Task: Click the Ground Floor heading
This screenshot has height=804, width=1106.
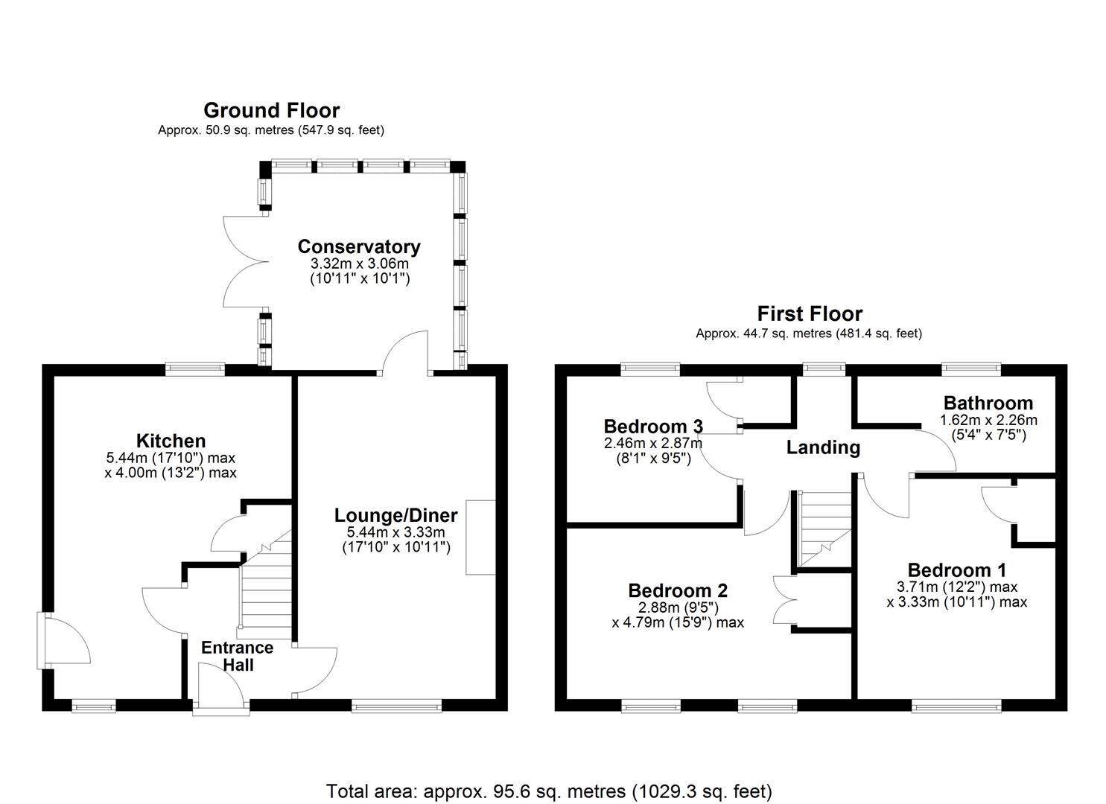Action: pos(271,110)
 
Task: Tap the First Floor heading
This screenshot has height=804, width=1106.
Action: pos(810,313)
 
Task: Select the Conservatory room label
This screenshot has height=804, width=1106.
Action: pos(359,246)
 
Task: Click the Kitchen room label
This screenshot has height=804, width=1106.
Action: pos(171,441)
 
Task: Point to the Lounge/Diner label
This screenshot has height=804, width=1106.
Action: pos(395,515)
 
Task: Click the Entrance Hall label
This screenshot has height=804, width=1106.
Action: pos(237,656)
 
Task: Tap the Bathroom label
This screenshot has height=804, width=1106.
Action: pos(988,403)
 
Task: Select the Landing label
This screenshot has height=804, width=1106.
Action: pos(823,447)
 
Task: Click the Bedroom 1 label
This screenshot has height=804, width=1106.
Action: pos(956,570)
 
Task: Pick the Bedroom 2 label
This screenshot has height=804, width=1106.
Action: pos(678,590)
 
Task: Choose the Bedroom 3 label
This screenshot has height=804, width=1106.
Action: pos(653,427)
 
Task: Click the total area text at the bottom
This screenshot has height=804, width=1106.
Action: pos(549,791)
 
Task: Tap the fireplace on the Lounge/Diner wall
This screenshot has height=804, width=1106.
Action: pos(480,537)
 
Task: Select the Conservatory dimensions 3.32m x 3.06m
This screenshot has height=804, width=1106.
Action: pos(359,264)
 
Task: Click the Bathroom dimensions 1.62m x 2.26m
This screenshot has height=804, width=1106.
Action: pos(988,420)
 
